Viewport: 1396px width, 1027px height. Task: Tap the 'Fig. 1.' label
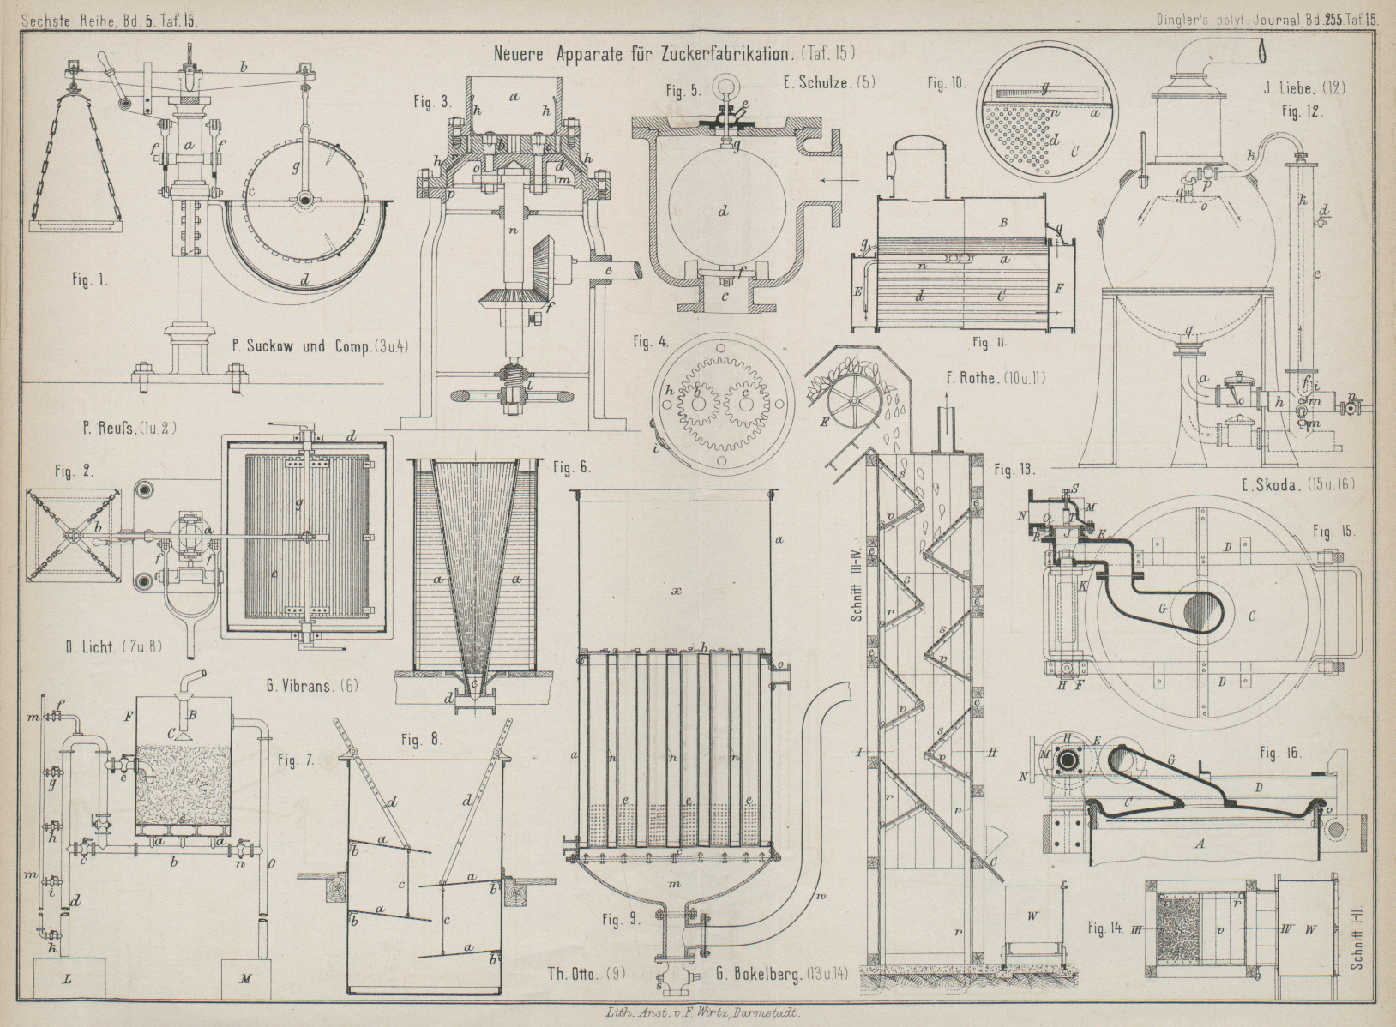(90, 279)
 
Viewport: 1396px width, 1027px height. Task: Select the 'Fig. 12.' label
(1303, 111)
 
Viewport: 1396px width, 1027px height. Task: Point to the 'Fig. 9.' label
(622, 920)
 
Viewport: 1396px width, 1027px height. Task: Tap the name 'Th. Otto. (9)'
(587, 973)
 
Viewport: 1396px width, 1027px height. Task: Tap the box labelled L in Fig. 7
(68, 977)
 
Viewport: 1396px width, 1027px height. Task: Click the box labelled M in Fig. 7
(245, 977)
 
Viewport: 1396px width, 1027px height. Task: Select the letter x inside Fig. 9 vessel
(677, 591)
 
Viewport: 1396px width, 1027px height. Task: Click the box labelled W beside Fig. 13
(1033, 916)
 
